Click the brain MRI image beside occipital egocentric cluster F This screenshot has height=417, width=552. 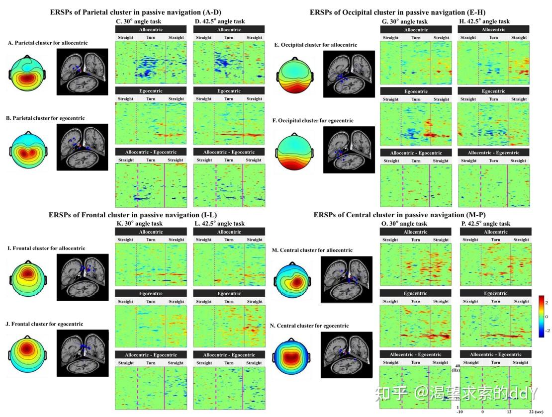tap(348, 150)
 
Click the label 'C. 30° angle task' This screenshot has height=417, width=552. tap(139, 21)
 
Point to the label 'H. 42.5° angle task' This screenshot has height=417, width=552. tap(485, 21)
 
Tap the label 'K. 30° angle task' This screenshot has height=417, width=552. tap(139, 224)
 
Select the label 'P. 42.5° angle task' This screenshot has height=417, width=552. tap(485, 224)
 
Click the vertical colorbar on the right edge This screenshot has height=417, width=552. tap(542, 316)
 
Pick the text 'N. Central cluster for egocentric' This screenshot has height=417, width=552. tap(315, 326)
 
